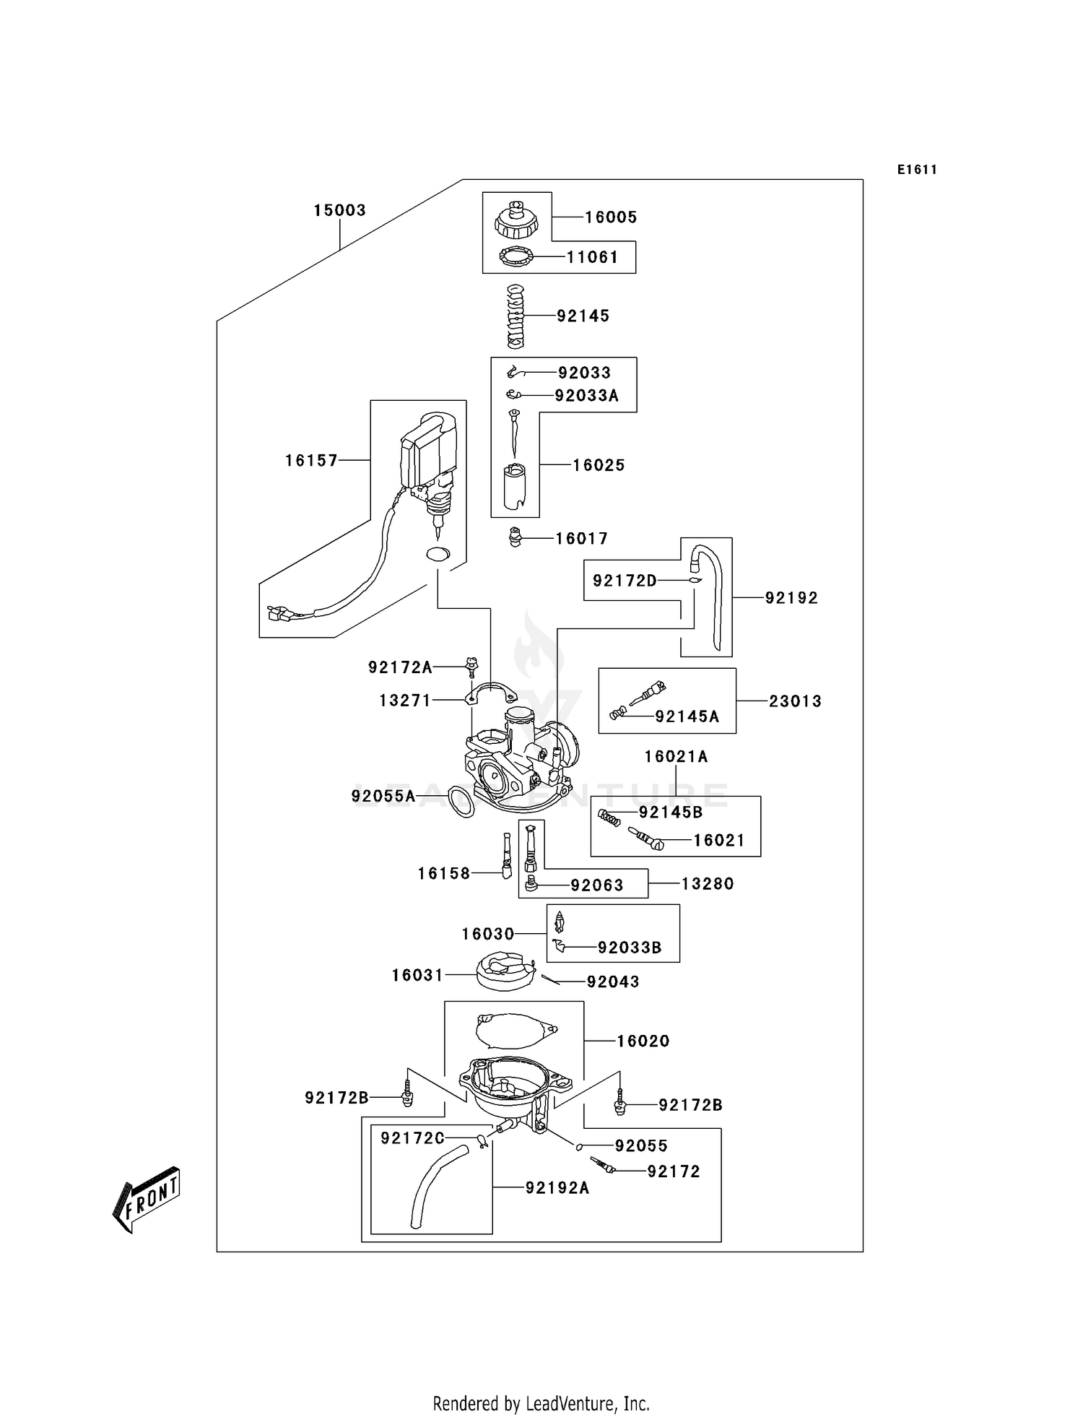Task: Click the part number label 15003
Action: click(339, 210)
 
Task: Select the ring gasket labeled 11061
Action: click(516, 256)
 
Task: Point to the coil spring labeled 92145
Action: click(515, 316)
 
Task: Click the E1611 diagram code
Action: click(917, 170)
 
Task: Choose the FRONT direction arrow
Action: click(147, 1199)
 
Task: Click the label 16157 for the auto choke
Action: click(311, 460)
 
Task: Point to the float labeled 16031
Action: click(505, 972)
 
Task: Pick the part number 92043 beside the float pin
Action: click(613, 981)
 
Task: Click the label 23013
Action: click(795, 701)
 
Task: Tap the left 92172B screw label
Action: click(336, 1098)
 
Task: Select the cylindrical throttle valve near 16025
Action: click(515, 485)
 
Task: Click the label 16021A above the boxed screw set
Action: click(676, 756)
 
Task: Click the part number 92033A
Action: click(586, 395)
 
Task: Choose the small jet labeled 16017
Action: click(515, 537)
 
